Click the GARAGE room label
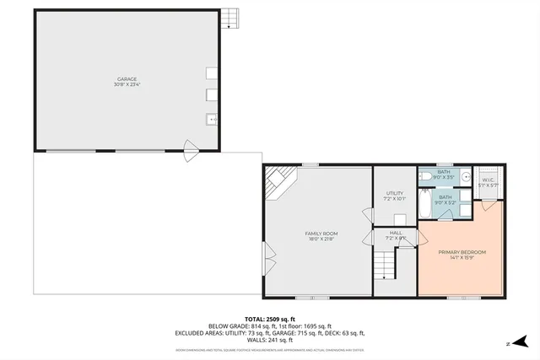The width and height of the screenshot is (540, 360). [x=127, y=79]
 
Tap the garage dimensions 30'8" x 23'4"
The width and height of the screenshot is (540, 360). [x=127, y=84]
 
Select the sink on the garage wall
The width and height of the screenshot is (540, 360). [x=211, y=119]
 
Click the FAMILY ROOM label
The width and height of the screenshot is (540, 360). [x=321, y=233]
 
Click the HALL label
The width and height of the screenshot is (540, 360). [x=396, y=233]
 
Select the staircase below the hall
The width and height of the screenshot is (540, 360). [x=386, y=268]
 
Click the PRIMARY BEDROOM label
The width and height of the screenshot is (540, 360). [x=462, y=252]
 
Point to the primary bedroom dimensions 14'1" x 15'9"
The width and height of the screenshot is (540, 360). [x=462, y=258]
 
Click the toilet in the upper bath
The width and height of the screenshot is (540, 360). [x=426, y=175]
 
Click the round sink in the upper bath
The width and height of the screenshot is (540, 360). [x=462, y=177]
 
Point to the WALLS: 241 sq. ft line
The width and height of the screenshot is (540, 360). [x=270, y=339]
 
